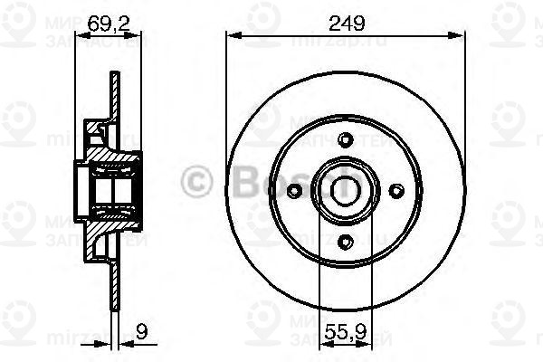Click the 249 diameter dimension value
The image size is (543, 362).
coord(341,24)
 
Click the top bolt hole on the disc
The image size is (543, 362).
coord(343,138)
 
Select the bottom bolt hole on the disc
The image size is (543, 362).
coord(343,240)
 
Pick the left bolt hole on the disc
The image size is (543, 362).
coord(293,190)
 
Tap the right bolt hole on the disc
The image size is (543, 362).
coord(394,189)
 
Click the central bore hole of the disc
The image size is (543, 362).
coord(343,189)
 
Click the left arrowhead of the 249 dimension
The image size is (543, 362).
coord(230,36)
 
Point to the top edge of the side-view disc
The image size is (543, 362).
coord(114,78)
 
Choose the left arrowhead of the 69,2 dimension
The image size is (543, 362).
coord(72,36)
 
